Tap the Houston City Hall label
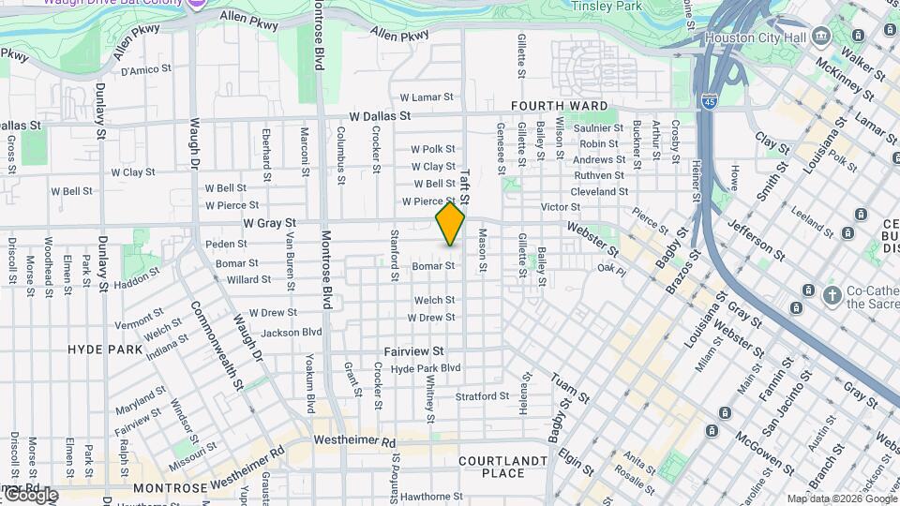pyautogui.click(x=768, y=37)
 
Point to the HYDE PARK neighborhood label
pyautogui.click(x=104, y=349)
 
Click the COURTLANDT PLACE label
pyautogui.click(x=502, y=467)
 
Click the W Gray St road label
pyautogui.click(x=269, y=223)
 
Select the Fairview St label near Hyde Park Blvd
pyautogui.click(x=413, y=350)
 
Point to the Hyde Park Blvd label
pyautogui.click(x=426, y=368)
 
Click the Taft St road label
pyautogui.click(x=465, y=186)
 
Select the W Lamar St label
pyautogui.click(x=427, y=97)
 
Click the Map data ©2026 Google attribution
pyautogui.click(x=841, y=499)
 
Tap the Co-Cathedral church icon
pyautogui.click(x=831, y=296)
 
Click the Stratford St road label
pyautogui.click(x=482, y=396)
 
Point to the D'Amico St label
pyautogui.click(x=145, y=68)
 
